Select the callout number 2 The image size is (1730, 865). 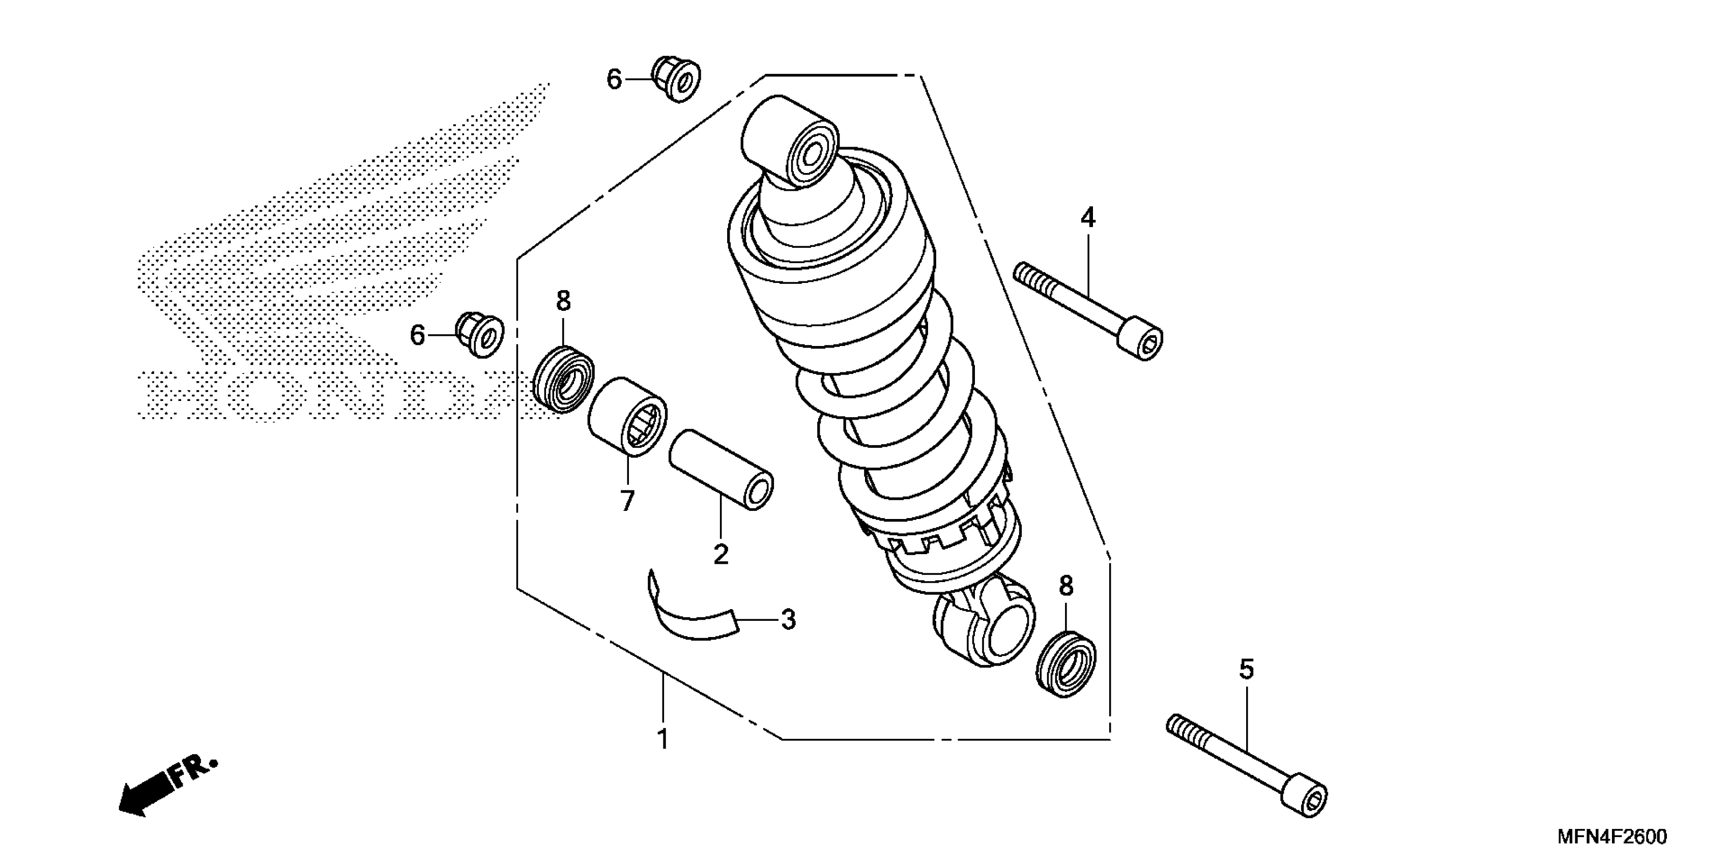pyautogui.click(x=720, y=554)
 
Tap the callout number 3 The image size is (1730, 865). pyautogui.click(x=789, y=619)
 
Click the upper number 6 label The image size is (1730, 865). pyautogui.click(x=614, y=80)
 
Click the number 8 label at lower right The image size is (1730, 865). pyautogui.click(x=1066, y=586)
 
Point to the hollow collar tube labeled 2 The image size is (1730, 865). pyautogui.click(x=720, y=470)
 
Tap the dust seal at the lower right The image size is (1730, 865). pyautogui.click(x=1066, y=664)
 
